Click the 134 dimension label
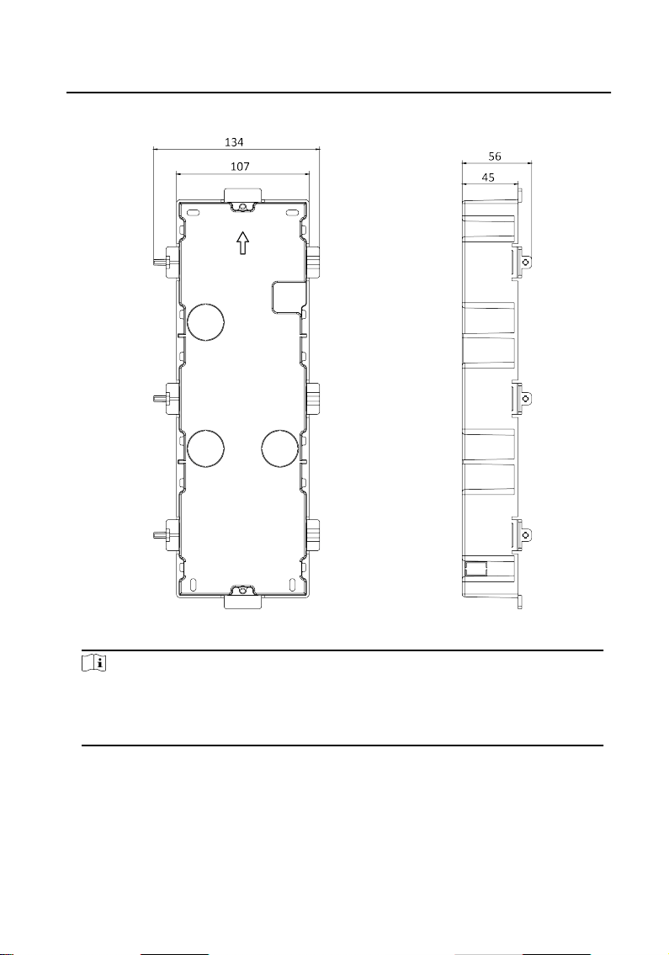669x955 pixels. pyautogui.click(x=234, y=142)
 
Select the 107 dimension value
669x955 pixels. pyautogui.click(x=240, y=166)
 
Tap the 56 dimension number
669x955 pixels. pyautogui.click(x=495, y=157)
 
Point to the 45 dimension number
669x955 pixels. pyautogui.click(x=488, y=178)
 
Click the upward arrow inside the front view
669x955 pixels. pyautogui.click(x=243, y=243)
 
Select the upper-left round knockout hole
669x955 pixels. pyautogui.click(x=206, y=321)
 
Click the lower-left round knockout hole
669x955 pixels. pyautogui.click(x=206, y=448)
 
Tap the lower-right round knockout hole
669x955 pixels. pyautogui.click(x=279, y=448)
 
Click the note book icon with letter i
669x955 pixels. pyautogui.click(x=94, y=663)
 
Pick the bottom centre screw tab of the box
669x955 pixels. pyautogui.click(x=242, y=596)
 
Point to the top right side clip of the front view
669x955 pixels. pyautogui.click(x=312, y=262)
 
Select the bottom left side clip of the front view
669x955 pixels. pyautogui.click(x=166, y=535)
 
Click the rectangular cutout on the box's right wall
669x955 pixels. pyautogui.click(x=287, y=297)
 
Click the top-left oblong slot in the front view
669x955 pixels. pyautogui.click(x=194, y=213)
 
